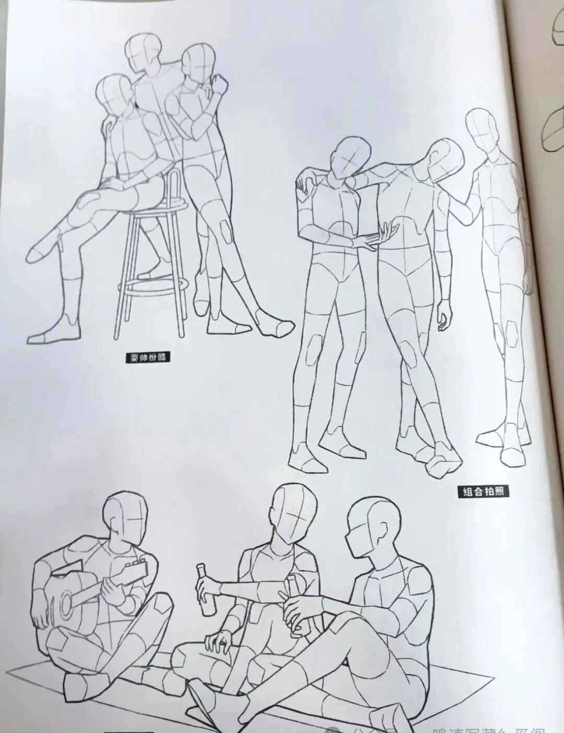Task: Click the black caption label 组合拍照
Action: point(483,491)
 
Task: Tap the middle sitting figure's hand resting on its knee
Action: point(219,640)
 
